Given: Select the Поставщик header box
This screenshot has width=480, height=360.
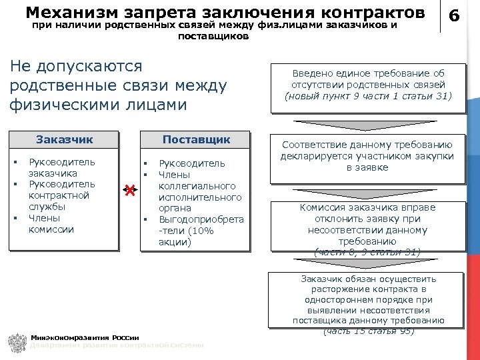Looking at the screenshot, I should point(197,139).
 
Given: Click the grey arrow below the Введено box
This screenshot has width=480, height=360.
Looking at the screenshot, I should point(367,124).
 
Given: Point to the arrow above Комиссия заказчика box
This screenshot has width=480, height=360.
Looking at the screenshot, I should point(367,193).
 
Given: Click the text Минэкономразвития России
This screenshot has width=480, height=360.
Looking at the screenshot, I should point(85,337).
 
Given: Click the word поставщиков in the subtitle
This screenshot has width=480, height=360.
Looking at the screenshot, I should point(214,36).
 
